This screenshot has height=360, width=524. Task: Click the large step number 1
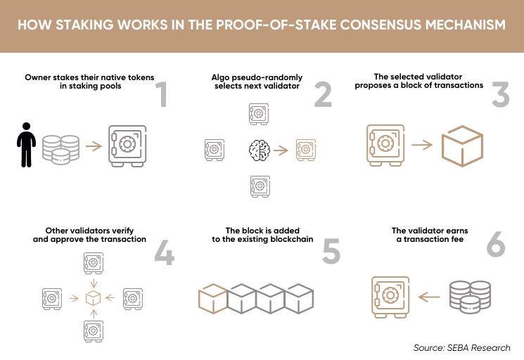162,94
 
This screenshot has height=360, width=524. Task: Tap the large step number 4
165,252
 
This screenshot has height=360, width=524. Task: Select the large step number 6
496,244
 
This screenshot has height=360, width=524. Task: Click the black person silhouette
27,145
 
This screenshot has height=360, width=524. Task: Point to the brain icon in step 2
260,150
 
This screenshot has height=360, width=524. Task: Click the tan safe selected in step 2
306,150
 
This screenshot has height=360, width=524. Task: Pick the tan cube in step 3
462,146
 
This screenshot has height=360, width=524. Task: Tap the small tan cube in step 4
94,298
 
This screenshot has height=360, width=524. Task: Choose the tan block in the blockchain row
213,299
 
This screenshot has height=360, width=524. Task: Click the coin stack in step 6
471,297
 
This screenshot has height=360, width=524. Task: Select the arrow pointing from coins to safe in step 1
94,146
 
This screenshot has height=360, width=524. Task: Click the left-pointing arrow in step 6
429,297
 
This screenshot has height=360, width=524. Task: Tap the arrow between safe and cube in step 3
422,145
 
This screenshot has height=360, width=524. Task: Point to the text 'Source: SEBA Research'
462,347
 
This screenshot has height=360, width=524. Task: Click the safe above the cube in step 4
94,263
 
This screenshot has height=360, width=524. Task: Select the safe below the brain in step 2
260,186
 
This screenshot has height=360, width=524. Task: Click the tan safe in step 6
390,297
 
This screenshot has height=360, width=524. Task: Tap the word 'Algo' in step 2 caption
219,78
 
